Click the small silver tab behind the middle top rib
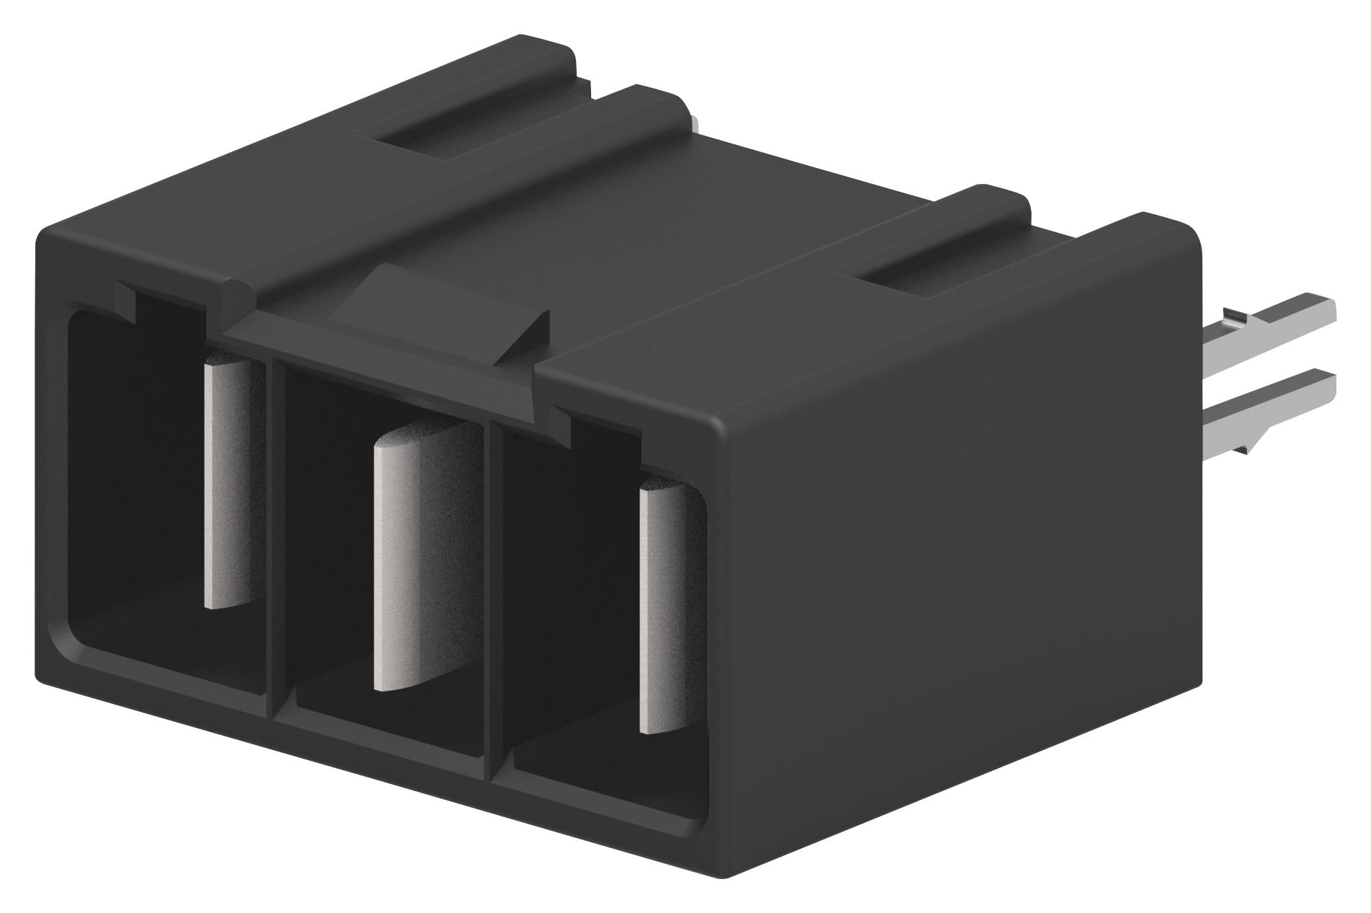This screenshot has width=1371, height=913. (x=693, y=124)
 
